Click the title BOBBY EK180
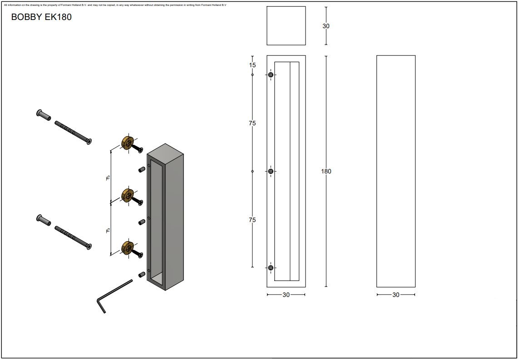tap(41, 18)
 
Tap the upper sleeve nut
tap(44, 115)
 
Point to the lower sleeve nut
tap(44, 221)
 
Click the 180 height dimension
tap(326, 171)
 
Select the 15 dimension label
tap(252, 65)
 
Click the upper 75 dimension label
tap(252, 123)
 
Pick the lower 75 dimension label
tap(252, 220)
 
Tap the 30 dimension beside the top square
tap(326, 26)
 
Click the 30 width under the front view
tap(286, 295)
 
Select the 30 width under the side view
tap(396, 295)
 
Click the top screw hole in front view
tap(271, 74)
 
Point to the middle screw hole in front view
tap(271, 171)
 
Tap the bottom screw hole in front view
tap(271, 268)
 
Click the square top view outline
tap(286, 26)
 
